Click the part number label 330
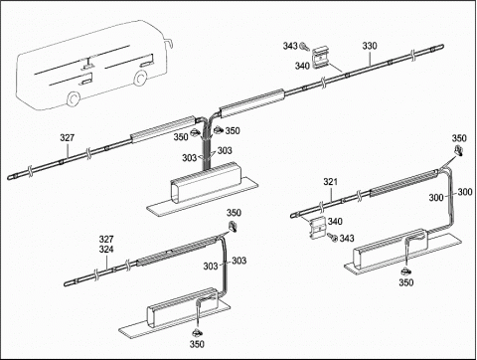[370, 46]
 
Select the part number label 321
[330, 182]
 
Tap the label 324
[106, 249]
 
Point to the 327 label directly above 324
[106, 239]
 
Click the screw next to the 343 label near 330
[304, 47]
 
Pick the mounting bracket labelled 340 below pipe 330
[320, 57]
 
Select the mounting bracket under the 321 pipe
[318, 227]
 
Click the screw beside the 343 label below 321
[332, 237]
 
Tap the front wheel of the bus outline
[140, 79]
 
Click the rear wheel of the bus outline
[73, 98]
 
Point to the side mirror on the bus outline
[169, 43]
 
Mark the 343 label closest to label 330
[290, 46]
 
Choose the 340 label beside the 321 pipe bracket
[335, 222]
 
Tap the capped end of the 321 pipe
[294, 216]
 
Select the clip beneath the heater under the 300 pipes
[405, 271]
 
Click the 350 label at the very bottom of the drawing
[197, 344]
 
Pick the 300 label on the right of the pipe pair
[465, 192]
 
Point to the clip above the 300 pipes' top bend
[459, 150]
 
